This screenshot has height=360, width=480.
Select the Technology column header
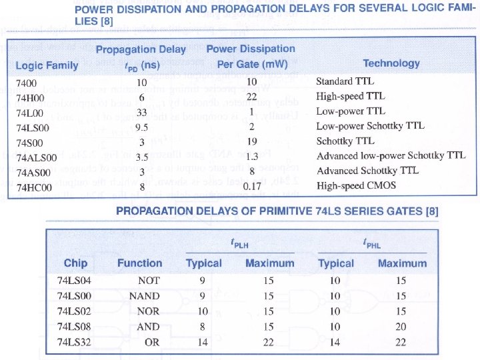click(391, 63)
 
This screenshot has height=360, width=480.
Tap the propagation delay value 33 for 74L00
click(141, 111)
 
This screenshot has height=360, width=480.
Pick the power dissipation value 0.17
click(252, 187)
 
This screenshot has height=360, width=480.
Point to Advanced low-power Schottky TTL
click(390, 156)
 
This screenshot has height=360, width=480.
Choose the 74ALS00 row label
click(35, 157)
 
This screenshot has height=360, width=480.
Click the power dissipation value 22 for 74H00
click(251, 97)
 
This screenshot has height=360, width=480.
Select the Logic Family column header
click(47, 65)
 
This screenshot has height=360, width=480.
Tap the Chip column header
click(75, 263)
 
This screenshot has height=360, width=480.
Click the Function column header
click(139, 263)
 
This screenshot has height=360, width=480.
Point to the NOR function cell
click(148, 311)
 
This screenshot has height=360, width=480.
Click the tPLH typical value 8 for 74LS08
click(203, 327)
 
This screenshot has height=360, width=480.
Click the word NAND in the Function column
click(145, 296)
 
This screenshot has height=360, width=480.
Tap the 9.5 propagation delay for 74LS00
click(141, 127)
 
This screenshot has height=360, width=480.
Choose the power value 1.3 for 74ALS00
click(251, 157)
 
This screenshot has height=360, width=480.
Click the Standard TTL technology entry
click(345, 81)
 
